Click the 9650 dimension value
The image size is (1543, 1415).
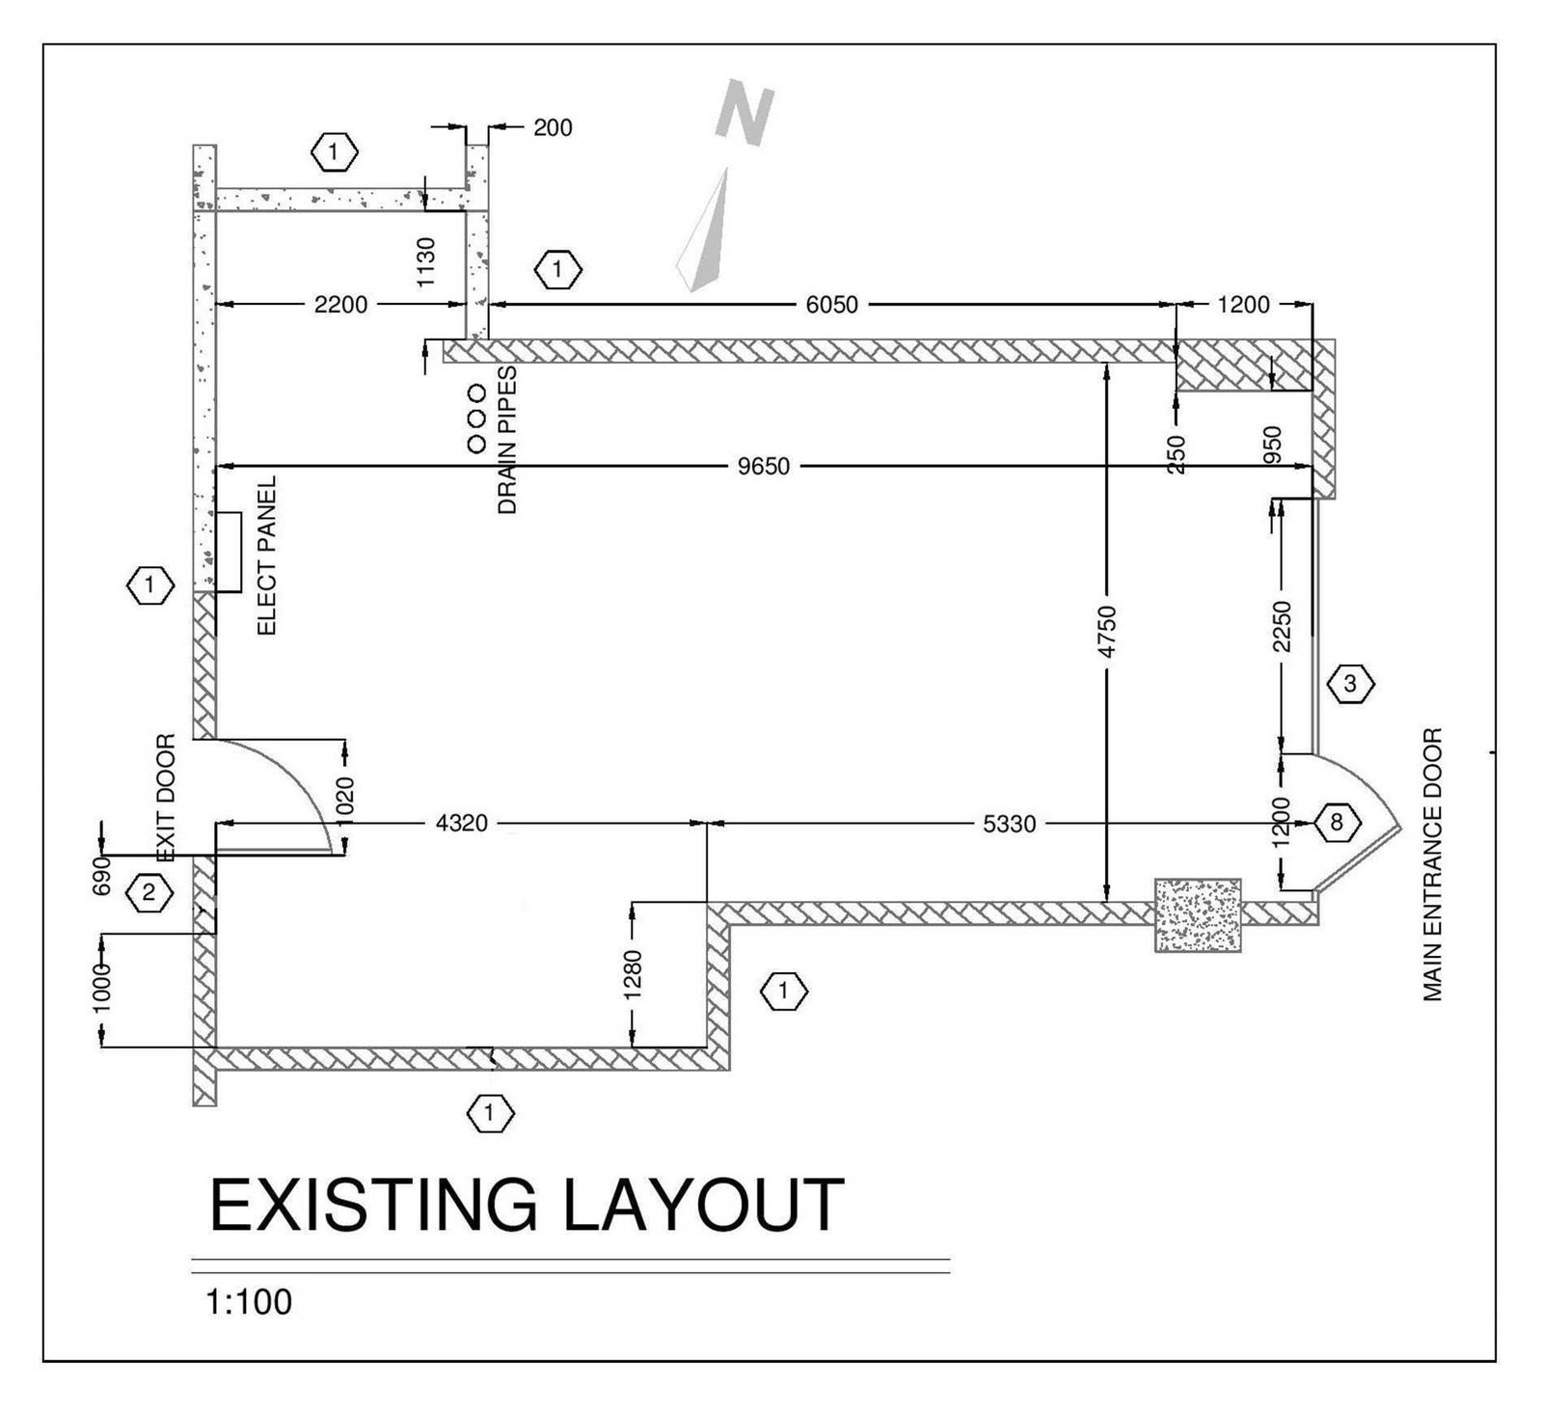coord(764,467)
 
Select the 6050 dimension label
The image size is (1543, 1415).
coord(831,305)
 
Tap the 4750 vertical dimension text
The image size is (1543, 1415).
coord(1108,632)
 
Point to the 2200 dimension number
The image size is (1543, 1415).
coord(340,305)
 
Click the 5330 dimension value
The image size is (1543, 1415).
coord(1010,824)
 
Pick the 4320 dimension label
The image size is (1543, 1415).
coord(461,823)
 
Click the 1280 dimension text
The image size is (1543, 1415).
coord(634,975)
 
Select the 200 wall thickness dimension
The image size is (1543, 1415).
coord(553,127)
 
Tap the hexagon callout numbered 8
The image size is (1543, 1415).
coord(1336,823)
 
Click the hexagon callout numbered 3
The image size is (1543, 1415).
coord(1350,685)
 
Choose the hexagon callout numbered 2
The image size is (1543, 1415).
coord(149,892)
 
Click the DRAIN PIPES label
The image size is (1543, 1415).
coord(507,440)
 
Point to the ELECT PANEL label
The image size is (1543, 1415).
coord(267,555)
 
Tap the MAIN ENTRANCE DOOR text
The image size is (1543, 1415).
coord(1432,864)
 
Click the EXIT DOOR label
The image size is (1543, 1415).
coord(167,798)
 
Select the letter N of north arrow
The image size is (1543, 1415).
coord(745,112)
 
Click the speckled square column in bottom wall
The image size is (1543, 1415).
coord(1197,914)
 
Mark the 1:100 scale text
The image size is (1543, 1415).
coord(249,1301)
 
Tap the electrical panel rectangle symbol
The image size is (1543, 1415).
coord(228,552)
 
